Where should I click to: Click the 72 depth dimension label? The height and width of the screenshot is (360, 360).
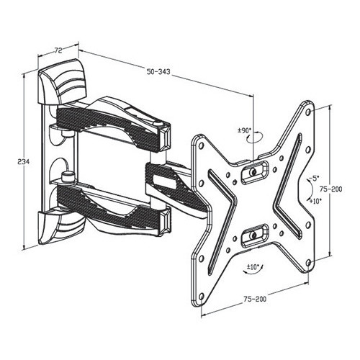point(58,50)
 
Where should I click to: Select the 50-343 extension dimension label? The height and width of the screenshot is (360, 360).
point(158,71)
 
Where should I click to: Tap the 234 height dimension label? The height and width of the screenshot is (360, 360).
point(24,161)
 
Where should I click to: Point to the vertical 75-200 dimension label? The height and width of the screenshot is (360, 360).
point(331,189)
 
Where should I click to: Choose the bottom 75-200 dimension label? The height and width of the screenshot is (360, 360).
point(255,299)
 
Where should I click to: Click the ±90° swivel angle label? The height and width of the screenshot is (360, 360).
point(244,130)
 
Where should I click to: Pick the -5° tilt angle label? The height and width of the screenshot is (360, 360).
point(313,178)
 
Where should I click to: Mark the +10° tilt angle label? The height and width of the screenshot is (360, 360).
point(315,201)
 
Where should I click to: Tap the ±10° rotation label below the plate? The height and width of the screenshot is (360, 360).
point(253,266)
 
